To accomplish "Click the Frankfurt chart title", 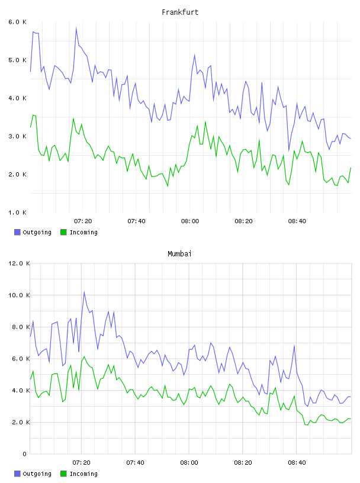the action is (180, 12).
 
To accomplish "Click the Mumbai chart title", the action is (179, 254).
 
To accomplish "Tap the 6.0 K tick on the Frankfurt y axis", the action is (17, 22).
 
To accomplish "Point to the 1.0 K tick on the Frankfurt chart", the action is (17, 212).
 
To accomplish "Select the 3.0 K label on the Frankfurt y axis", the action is (17, 136).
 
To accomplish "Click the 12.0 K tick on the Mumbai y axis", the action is (19, 263).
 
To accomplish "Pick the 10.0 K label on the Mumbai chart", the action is (19, 295).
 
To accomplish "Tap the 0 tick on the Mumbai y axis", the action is (25, 454).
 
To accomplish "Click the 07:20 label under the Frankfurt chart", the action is (83, 221).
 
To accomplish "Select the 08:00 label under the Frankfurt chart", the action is (190, 221).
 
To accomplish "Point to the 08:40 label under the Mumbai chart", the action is (297, 463).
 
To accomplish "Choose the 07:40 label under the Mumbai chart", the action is (136, 463).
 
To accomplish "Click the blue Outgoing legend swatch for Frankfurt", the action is (17, 232).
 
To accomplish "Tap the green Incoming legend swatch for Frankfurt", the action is (63, 232).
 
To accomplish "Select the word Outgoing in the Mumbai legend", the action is (37, 474).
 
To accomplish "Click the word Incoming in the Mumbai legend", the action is (83, 474).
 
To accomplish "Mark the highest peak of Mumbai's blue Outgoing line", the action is (84, 292).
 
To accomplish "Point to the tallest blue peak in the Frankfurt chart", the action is (76, 28).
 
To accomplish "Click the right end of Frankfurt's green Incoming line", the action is (351, 168).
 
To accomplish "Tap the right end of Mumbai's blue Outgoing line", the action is (351, 397).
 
